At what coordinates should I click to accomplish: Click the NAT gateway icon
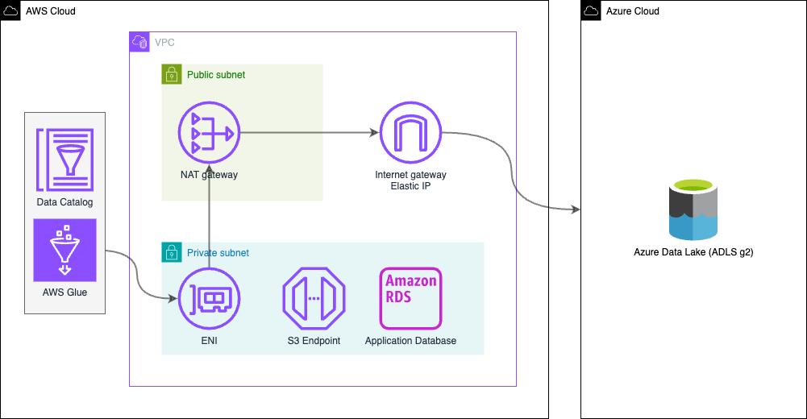[209, 132]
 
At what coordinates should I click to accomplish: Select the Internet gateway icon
[410, 132]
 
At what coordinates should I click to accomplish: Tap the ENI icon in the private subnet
[209, 299]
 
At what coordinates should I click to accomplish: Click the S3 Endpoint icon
[314, 299]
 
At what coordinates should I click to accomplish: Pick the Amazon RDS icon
[410, 299]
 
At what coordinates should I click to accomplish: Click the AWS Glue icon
[64, 250]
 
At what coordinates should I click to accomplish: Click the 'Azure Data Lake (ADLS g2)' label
[693, 252]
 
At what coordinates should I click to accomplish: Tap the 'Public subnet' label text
[216, 75]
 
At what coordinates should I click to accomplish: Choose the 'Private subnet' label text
[218, 253]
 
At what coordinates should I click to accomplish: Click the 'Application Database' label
[410, 341]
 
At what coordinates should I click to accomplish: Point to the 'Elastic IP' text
[410, 186]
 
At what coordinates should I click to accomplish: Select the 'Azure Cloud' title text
[632, 11]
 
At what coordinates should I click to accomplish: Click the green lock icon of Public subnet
[171, 75]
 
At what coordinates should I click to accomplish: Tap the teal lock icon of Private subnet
[171, 252]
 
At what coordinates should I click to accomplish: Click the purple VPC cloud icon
[139, 42]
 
